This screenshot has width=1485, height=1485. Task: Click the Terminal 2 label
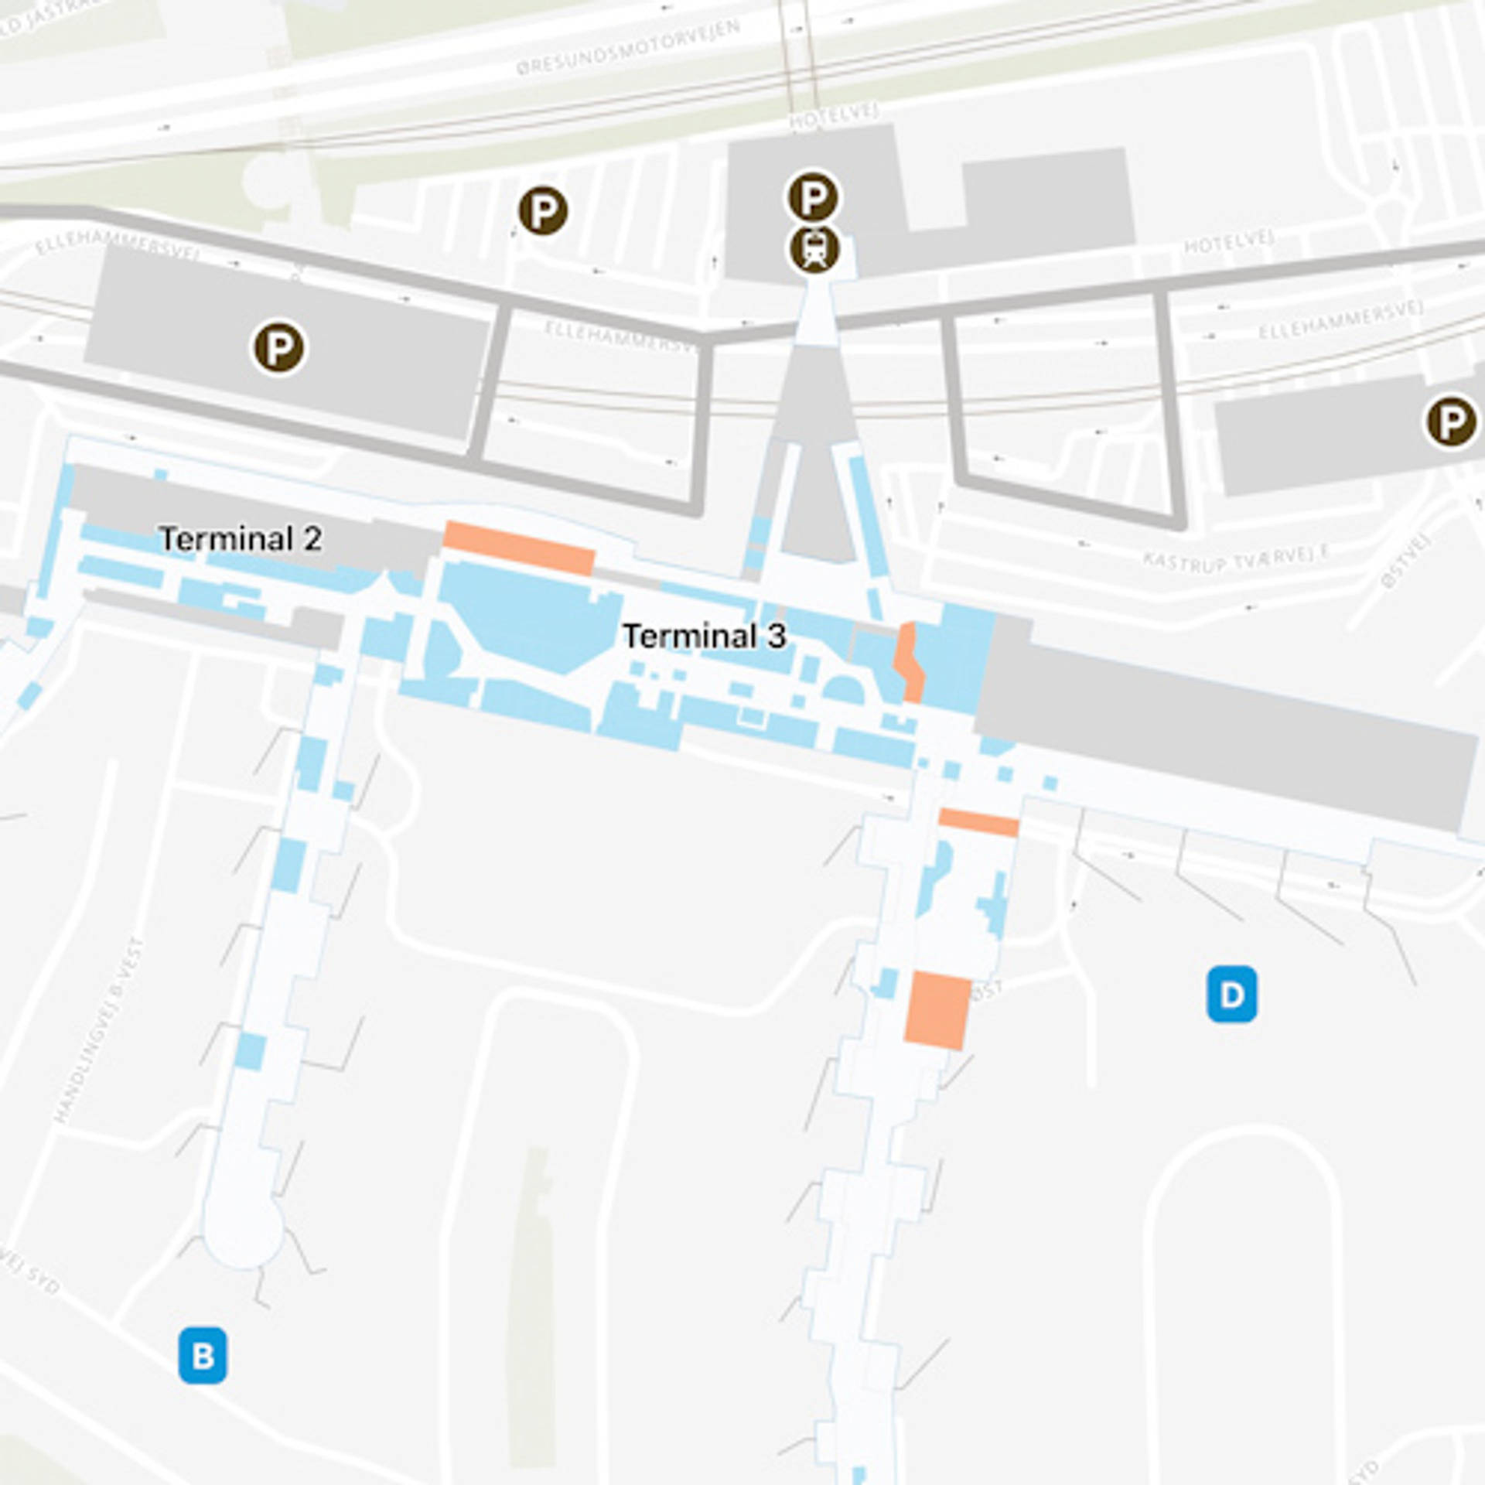(240, 539)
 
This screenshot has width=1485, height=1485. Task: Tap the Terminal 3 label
(704, 637)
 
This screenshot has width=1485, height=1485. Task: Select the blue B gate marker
(203, 1355)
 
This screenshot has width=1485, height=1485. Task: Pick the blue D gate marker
(1231, 994)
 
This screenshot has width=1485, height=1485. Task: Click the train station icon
(814, 249)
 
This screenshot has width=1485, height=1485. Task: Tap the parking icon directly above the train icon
(812, 197)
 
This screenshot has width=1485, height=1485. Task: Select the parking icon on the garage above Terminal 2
(279, 348)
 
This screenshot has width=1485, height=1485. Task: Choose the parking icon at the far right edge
(1451, 422)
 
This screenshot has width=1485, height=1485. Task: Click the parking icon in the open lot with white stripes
(543, 211)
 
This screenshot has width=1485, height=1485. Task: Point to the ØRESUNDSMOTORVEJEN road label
(628, 48)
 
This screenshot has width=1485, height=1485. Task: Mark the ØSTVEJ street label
(1405, 562)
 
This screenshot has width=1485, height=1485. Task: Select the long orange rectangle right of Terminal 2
(518, 548)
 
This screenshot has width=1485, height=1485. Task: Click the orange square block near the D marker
(937, 1010)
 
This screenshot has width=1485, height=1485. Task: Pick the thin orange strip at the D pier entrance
(978, 822)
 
